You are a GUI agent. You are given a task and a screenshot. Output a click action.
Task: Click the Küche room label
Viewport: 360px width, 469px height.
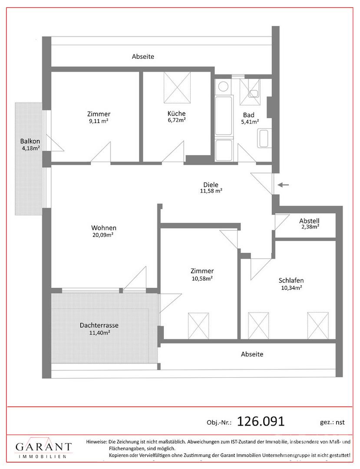pyautogui.click(x=176, y=114)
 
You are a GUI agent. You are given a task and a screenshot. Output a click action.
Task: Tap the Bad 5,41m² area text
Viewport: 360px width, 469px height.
pyautogui.click(x=250, y=122)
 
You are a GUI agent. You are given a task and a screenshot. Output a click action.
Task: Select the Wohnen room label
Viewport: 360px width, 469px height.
pyautogui.click(x=104, y=228)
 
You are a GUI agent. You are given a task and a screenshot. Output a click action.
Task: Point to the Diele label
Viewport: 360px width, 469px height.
pyautogui.click(x=211, y=185)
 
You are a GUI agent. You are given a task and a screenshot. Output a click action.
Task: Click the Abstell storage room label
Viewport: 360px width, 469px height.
pyautogui.click(x=309, y=221)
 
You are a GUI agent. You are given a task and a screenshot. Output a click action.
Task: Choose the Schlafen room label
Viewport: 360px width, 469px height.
pyautogui.click(x=291, y=281)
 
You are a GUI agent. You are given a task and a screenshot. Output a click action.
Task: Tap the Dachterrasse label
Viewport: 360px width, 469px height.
pyautogui.click(x=99, y=325)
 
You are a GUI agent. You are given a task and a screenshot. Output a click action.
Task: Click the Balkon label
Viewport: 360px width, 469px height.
pyautogui.click(x=30, y=141)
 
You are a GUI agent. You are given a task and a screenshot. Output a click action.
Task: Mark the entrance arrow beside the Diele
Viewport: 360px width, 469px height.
pyautogui.click(x=283, y=185)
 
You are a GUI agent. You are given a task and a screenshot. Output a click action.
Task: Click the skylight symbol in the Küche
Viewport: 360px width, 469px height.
pyautogui.click(x=177, y=87)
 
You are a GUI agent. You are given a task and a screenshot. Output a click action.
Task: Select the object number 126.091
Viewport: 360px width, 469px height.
pyautogui.click(x=261, y=421)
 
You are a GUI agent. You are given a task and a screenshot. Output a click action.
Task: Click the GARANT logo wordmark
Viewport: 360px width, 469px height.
pyautogui.click(x=44, y=447)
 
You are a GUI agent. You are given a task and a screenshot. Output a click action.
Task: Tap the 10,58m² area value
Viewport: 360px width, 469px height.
pyautogui.click(x=202, y=278)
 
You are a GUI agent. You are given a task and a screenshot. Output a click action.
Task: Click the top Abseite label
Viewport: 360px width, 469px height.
pyautogui.click(x=143, y=56)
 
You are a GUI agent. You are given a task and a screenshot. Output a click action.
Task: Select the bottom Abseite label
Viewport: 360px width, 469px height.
pyautogui.click(x=252, y=354)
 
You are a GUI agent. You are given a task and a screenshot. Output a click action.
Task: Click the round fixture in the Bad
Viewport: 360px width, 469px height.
pyautogui.click(x=223, y=87)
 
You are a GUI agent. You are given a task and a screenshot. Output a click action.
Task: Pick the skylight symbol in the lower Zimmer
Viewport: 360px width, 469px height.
pyautogui.click(x=198, y=326)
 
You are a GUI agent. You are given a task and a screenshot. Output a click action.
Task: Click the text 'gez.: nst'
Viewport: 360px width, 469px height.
pyautogui.click(x=332, y=423)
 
